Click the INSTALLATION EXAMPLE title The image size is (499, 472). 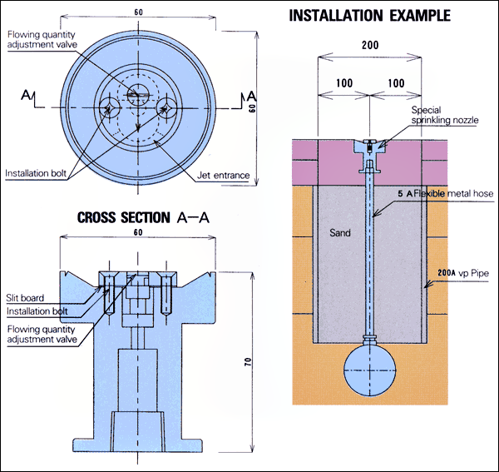pos(369,15)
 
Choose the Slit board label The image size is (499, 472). pos(27,298)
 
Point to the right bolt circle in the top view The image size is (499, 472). pos(166,107)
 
